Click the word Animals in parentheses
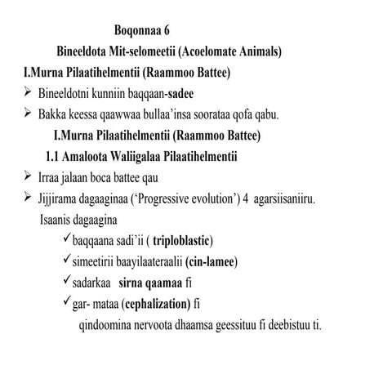click(x=257, y=52)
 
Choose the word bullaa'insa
click(x=172, y=112)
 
